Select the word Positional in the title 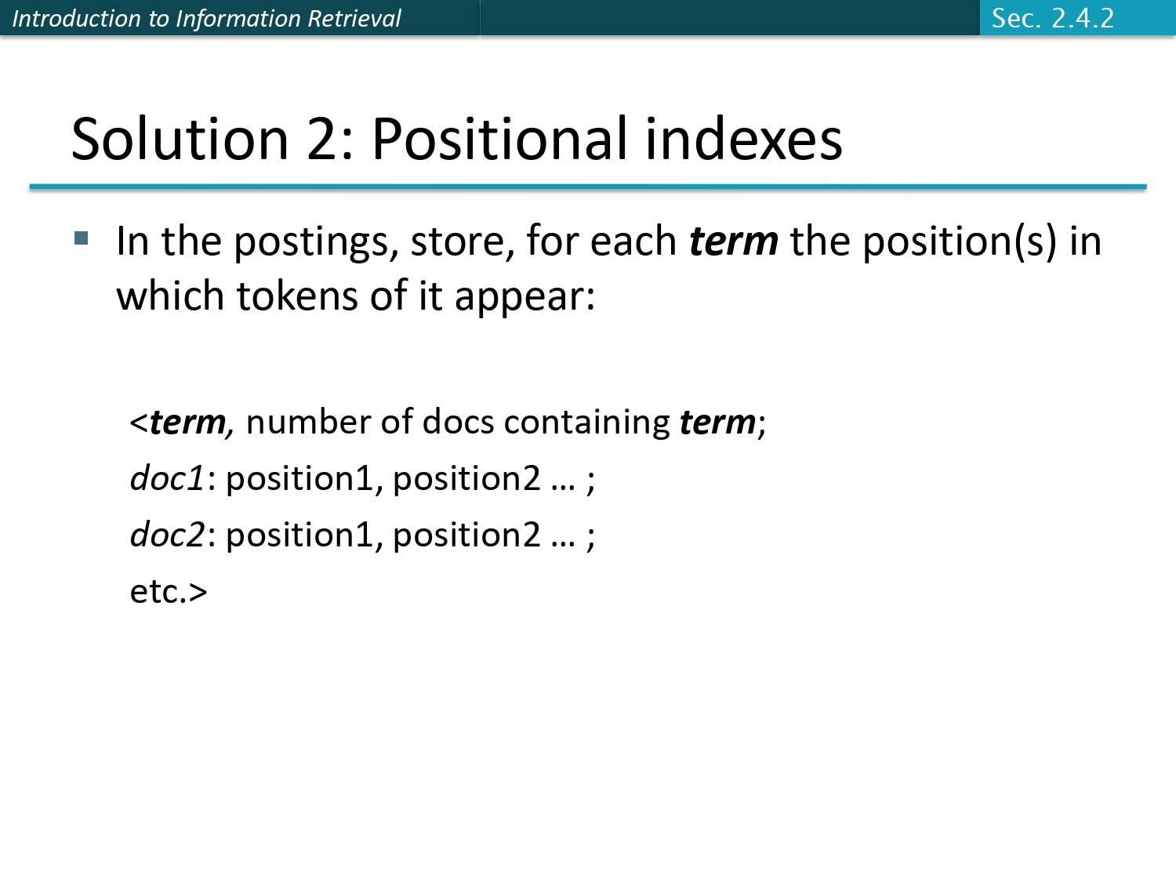click(499, 140)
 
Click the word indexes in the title click(743, 140)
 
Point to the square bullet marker click(82, 238)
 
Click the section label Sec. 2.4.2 click(1052, 18)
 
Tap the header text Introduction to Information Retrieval click(206, 18)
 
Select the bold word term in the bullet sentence click(733, 241)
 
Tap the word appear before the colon click(518, 298)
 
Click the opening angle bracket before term click(139, 423)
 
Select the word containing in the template click(586, 423)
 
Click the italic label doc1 click(167, 478)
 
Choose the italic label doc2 click(167, 535)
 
